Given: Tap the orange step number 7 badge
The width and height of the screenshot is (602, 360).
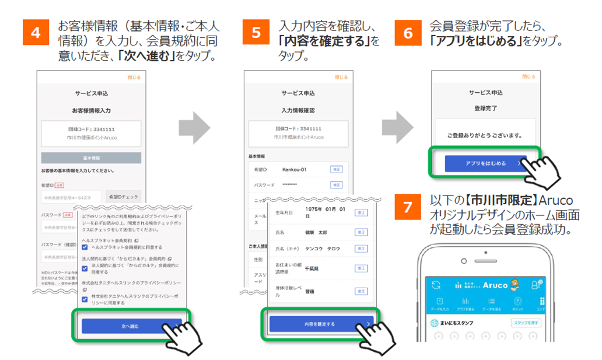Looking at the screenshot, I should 408,208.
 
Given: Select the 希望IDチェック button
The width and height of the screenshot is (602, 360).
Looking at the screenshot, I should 123,197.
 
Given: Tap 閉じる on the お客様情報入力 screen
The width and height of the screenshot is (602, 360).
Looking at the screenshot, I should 134,77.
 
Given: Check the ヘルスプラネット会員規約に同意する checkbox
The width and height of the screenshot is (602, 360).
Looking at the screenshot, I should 86,247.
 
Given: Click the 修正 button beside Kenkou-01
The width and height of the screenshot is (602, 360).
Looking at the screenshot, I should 336,169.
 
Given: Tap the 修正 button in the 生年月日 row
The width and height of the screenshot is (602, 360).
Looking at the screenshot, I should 360,212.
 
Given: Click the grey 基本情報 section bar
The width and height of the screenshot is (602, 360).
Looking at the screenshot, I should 91,158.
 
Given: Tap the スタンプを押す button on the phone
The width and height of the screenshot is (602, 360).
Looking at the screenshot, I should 526,323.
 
